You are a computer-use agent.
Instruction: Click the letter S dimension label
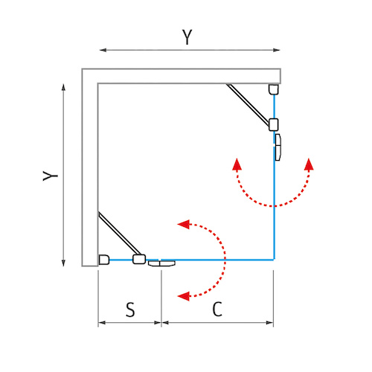[x=130, y=310]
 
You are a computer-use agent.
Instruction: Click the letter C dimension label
[x=217, y=309]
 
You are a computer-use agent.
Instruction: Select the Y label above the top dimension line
[x=187, y=37]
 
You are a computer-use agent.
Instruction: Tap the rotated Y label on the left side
[x=51, y=176]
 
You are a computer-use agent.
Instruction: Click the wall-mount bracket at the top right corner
[x=274, y=89]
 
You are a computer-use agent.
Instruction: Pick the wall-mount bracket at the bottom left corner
[x=104, y=260]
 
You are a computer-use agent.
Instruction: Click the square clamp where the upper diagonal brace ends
[x=274, y=125]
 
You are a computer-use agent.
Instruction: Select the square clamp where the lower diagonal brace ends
[x=139, y=259]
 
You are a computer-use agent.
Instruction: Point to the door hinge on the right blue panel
[x=278, y=147]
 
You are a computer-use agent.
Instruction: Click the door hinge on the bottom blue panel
[x=161, y=263]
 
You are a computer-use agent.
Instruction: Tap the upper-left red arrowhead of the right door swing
[x=237, y=164]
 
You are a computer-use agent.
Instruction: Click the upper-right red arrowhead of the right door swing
[x=309, y=164]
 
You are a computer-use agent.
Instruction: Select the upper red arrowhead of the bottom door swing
[x=184, y=224]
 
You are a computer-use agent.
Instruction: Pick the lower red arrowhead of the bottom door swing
[x=184, y=296]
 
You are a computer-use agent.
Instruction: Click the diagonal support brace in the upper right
[x=248, y=104]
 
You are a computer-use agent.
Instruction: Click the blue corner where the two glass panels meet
[x=274, y=260]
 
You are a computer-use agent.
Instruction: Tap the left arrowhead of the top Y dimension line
[x=103, y=50]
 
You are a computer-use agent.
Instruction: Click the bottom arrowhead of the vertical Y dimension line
[x=63, y=263]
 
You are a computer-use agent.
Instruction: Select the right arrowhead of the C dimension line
[x=269, y=323]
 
